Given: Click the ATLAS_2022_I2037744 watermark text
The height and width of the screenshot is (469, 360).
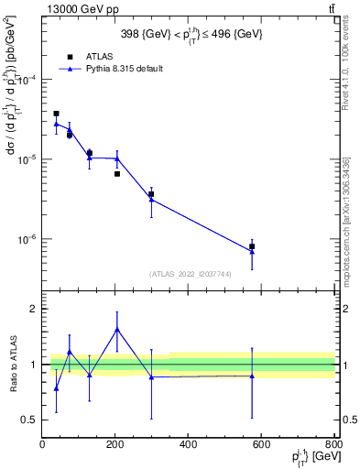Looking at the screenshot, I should pos(189,273).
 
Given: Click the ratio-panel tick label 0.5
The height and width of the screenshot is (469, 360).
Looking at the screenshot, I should pos(28,420).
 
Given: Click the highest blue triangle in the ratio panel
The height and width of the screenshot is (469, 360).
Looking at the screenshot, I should pos(116,329).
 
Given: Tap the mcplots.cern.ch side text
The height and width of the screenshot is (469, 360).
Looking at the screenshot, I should pos(349,215).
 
